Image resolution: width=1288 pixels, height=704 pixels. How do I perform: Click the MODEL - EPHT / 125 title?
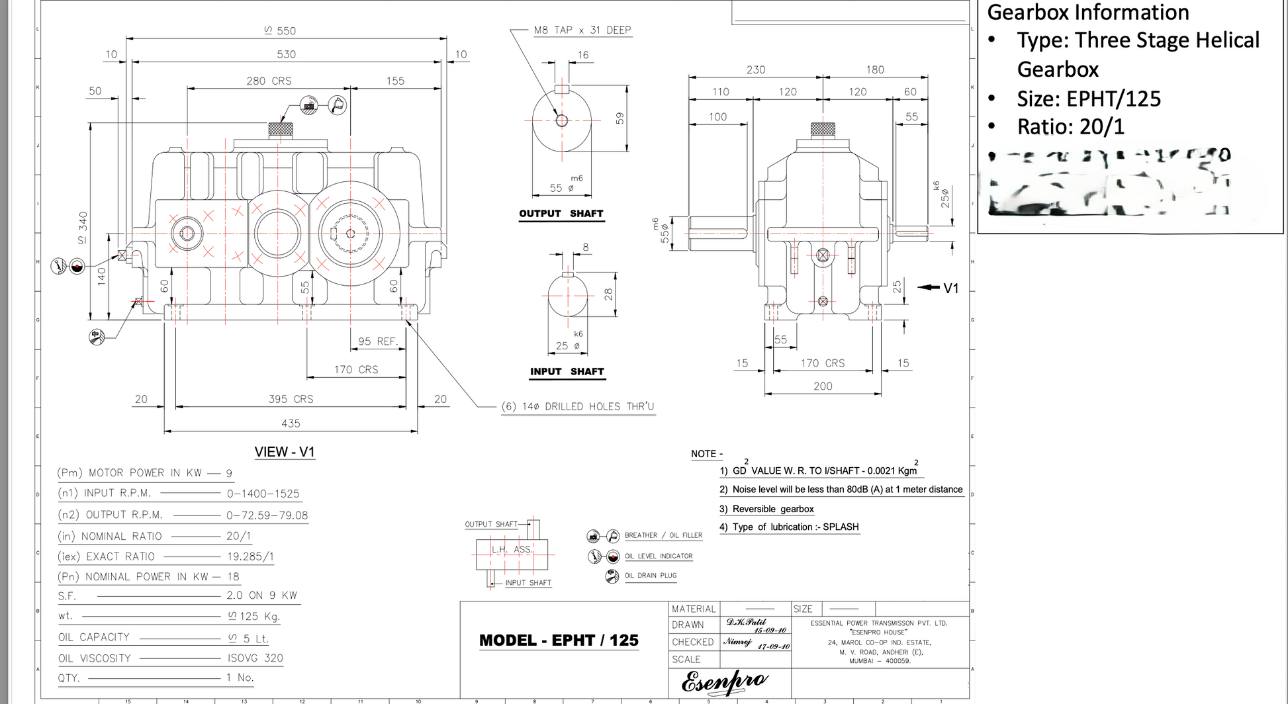pos(559,640)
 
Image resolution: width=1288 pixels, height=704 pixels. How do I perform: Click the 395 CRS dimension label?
pos(291,399)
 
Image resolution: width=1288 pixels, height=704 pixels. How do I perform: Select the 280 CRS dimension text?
pos(269,81)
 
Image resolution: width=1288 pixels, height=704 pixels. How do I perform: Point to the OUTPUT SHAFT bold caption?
pos(561,214)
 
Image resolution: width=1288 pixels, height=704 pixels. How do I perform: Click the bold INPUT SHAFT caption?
pos(567,372)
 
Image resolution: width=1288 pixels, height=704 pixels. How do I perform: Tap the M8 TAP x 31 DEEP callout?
pos(582,30)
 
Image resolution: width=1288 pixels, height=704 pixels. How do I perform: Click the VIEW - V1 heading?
pos(285,452)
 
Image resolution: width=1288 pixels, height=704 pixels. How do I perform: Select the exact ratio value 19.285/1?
pos(250,556)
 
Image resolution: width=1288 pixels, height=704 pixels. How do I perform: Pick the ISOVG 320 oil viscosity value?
pos(255,658)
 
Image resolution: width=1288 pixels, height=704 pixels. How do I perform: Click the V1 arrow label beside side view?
pos(950,288)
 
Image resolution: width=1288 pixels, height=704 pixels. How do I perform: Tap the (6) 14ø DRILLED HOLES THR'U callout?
pos(578,406)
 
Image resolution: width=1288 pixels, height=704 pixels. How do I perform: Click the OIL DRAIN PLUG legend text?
pos(651,576)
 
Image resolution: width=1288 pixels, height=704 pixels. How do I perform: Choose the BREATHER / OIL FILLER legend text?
pos(663,535)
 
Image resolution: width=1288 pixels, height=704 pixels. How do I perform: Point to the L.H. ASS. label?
pos(512,549)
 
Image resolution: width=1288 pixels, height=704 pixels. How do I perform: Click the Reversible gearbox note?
pos(773,509)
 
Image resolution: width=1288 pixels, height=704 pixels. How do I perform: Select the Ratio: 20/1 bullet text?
pos(1070,127)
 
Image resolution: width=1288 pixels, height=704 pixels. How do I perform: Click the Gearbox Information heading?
pos(1088,13)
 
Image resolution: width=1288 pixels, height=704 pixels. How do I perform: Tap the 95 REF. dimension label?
pos(378,341)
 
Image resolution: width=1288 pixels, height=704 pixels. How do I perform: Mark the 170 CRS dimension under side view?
pos(823,363)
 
